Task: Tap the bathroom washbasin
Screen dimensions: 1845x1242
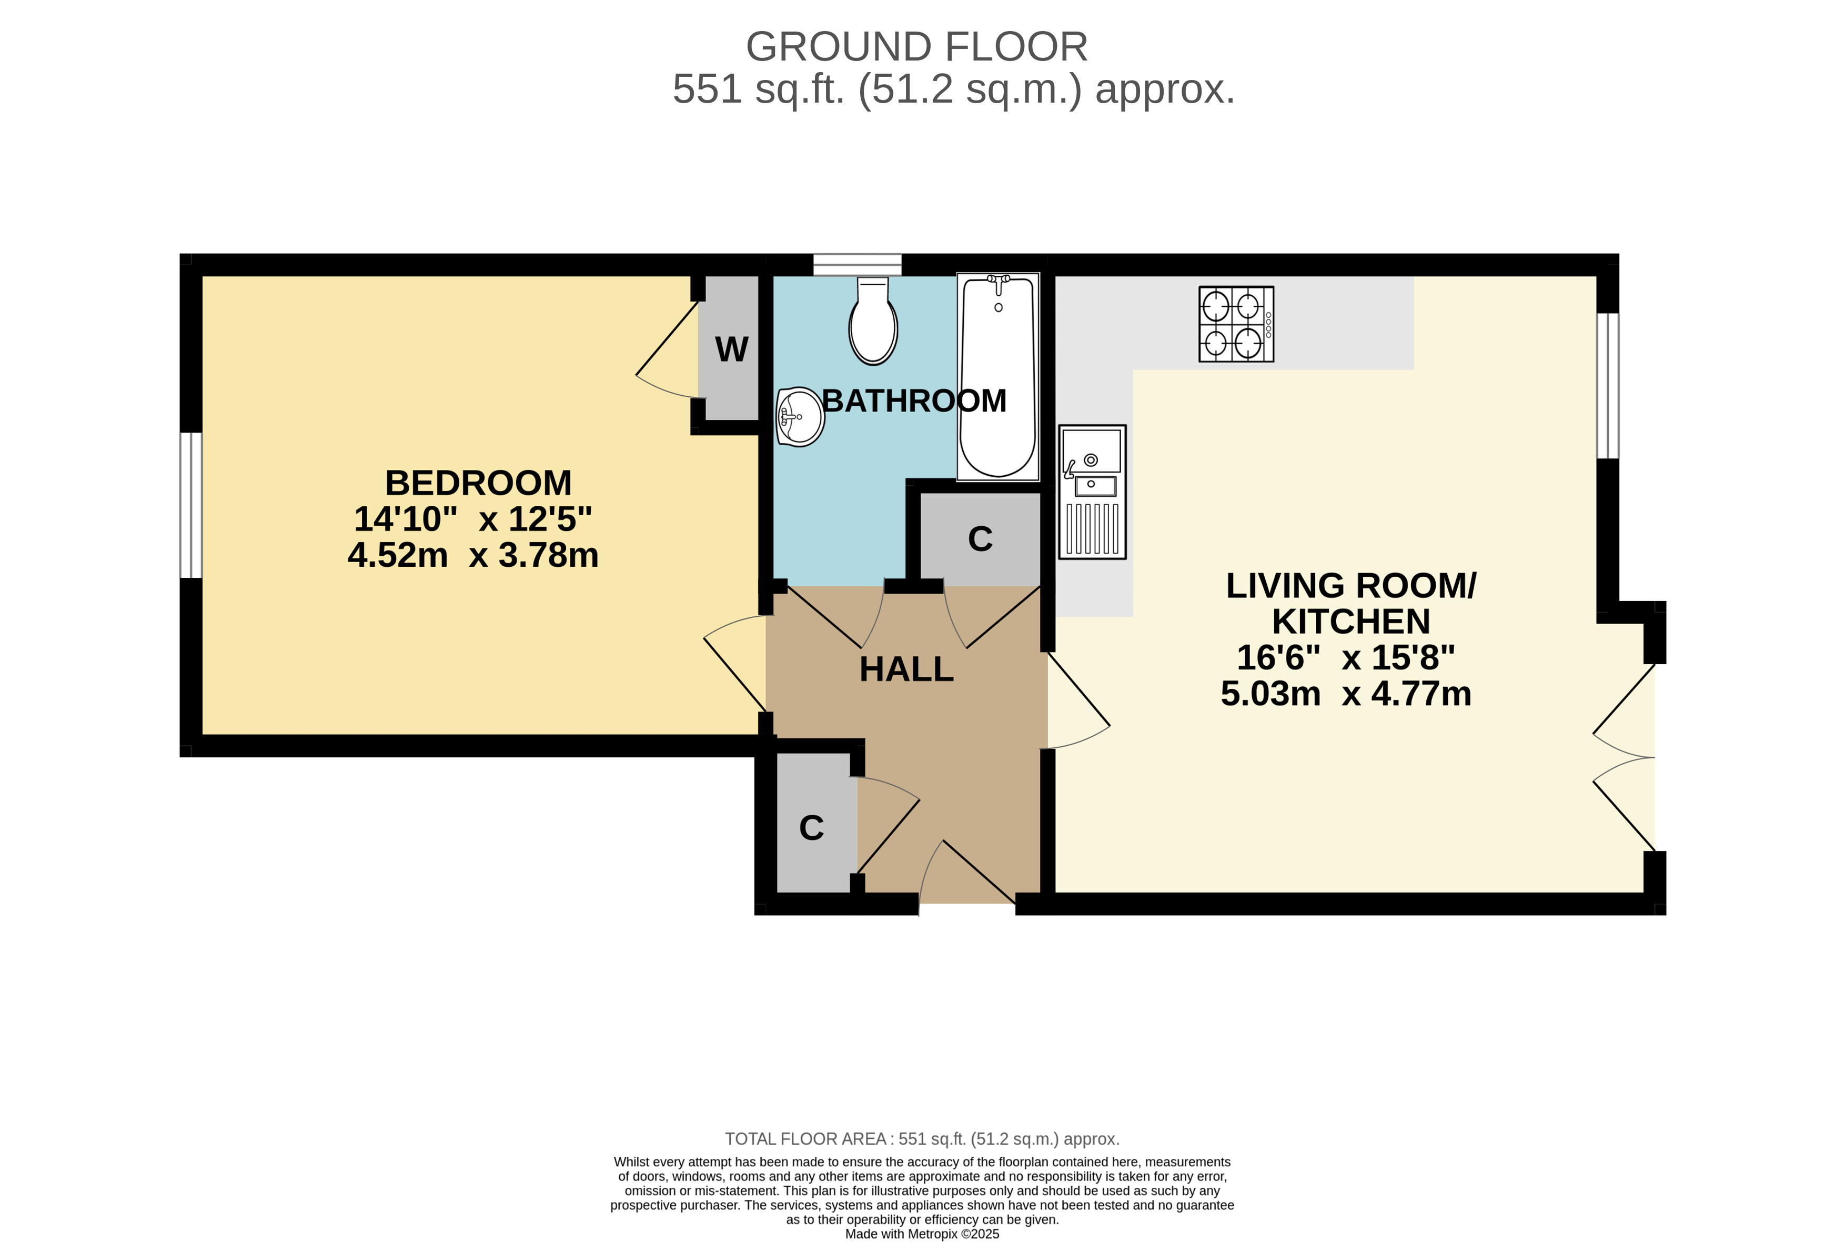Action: pos(800,417)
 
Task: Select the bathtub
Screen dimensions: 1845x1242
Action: pos(997,376)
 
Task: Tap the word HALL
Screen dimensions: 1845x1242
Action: pos(906,669)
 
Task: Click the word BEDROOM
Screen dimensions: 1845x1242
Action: pos(478,483)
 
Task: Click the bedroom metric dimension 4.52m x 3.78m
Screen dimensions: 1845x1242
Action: pos(473,555)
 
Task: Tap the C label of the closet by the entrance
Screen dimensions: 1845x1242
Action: pos(812,828)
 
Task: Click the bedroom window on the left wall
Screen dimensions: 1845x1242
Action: pos(191,505)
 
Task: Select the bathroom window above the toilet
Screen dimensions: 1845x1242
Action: pos(858,265)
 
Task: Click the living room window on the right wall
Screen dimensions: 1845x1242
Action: pos(1607,386)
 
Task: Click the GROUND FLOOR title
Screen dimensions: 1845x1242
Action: pos(917,47)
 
